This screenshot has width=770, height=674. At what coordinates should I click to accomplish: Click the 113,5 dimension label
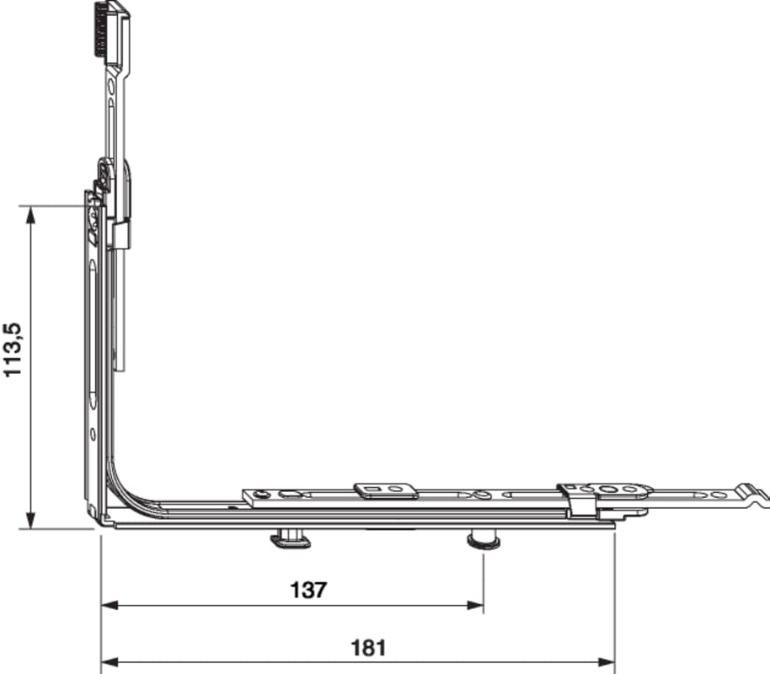tap(13, 350)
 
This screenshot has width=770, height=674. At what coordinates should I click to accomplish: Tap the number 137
tap(308, 590)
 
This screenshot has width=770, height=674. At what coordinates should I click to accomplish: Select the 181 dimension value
tap(368, 648)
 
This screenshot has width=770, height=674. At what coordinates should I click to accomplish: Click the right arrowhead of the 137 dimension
tap(475, 605)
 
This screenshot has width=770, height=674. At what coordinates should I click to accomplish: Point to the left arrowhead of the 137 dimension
tap(110, 605)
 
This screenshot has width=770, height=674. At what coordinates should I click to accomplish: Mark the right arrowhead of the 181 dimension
tap(607, 662)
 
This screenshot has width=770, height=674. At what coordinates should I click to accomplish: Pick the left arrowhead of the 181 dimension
tap(110, 662)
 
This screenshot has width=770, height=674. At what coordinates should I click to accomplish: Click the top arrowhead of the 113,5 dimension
tap(30, 215)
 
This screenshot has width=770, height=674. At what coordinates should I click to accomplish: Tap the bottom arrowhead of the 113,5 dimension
tap(30, 520)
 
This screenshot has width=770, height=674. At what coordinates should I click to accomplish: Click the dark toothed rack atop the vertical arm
tap(101, 30)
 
